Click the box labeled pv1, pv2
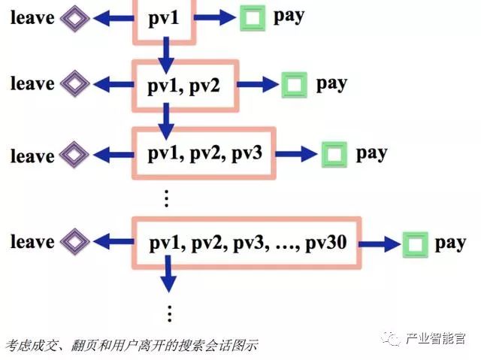click(185, 85)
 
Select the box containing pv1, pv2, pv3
click(204, 154)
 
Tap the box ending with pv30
click(247, 243)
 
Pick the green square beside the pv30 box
click(414, 244)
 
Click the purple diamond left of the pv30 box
click(74, 242)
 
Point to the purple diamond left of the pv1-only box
click(74, 17)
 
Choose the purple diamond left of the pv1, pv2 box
click(74, 83)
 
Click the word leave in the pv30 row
click(32, 242)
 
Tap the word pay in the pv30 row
click(451, 243)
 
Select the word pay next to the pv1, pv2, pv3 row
click(371, 153)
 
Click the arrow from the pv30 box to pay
click(382, 244)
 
